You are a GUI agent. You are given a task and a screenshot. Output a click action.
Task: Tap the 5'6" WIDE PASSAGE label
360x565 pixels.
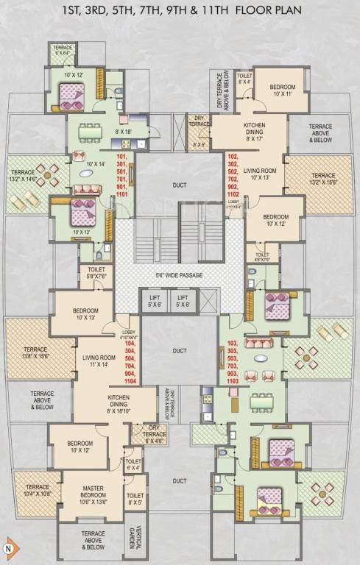tap(179, 275)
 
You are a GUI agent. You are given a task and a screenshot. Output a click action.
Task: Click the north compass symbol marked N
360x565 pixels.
tap(9, 548)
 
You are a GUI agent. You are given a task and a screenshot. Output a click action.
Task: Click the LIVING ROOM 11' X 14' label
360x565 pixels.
tap(98, 360)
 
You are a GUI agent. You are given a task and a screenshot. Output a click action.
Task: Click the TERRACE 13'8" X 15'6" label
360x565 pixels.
tap(35, 352)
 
